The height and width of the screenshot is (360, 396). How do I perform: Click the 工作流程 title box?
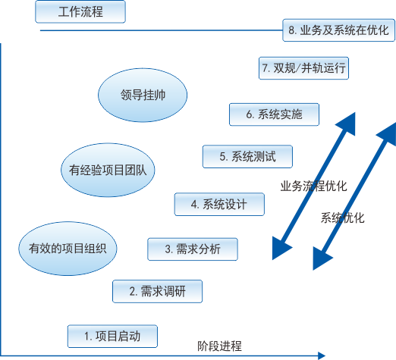tap(80, 11)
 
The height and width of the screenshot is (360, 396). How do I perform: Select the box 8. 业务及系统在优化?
tap(338, 30)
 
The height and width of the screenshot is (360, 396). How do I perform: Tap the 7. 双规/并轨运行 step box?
tap(303, 68)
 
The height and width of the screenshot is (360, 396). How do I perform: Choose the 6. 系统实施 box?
tap(274, 114)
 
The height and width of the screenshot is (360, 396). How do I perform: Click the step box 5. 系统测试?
tap(247, 157)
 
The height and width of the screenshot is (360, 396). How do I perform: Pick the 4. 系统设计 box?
tap(219, 205)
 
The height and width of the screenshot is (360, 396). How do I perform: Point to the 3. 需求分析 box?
tap(193, 249)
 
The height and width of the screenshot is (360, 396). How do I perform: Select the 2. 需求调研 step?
tap(157, 291)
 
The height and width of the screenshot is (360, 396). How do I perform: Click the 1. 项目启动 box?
tap(112, 337)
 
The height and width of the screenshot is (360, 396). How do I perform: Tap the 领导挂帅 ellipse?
tap(143, 95)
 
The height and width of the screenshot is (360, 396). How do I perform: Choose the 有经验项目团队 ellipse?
tap(108, 170)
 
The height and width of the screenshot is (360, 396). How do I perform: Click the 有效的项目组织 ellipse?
tap(68, 249)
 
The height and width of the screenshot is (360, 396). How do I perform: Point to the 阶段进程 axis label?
tap(219, 346)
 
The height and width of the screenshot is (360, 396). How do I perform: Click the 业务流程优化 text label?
tap(313, 186)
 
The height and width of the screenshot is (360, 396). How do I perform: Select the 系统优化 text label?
tap(343, 218)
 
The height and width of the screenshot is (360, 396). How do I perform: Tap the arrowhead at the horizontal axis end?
tap(322, 355)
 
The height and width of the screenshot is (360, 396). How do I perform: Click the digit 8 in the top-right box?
tap(291, 30)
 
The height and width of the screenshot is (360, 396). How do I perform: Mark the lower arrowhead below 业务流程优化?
tap(281, 248)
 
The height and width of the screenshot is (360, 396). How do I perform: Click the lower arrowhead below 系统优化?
tap(322, 258)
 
